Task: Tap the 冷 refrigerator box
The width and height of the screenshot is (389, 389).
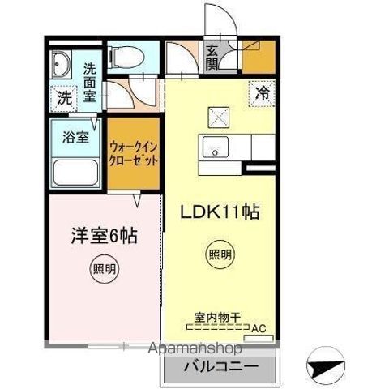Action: tap(263, 92)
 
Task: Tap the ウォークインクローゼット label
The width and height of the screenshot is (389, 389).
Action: tap(133, 152)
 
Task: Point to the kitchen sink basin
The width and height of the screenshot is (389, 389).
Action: tap(216, 148)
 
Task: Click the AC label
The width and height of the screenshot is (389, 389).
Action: tap(259, 328)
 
